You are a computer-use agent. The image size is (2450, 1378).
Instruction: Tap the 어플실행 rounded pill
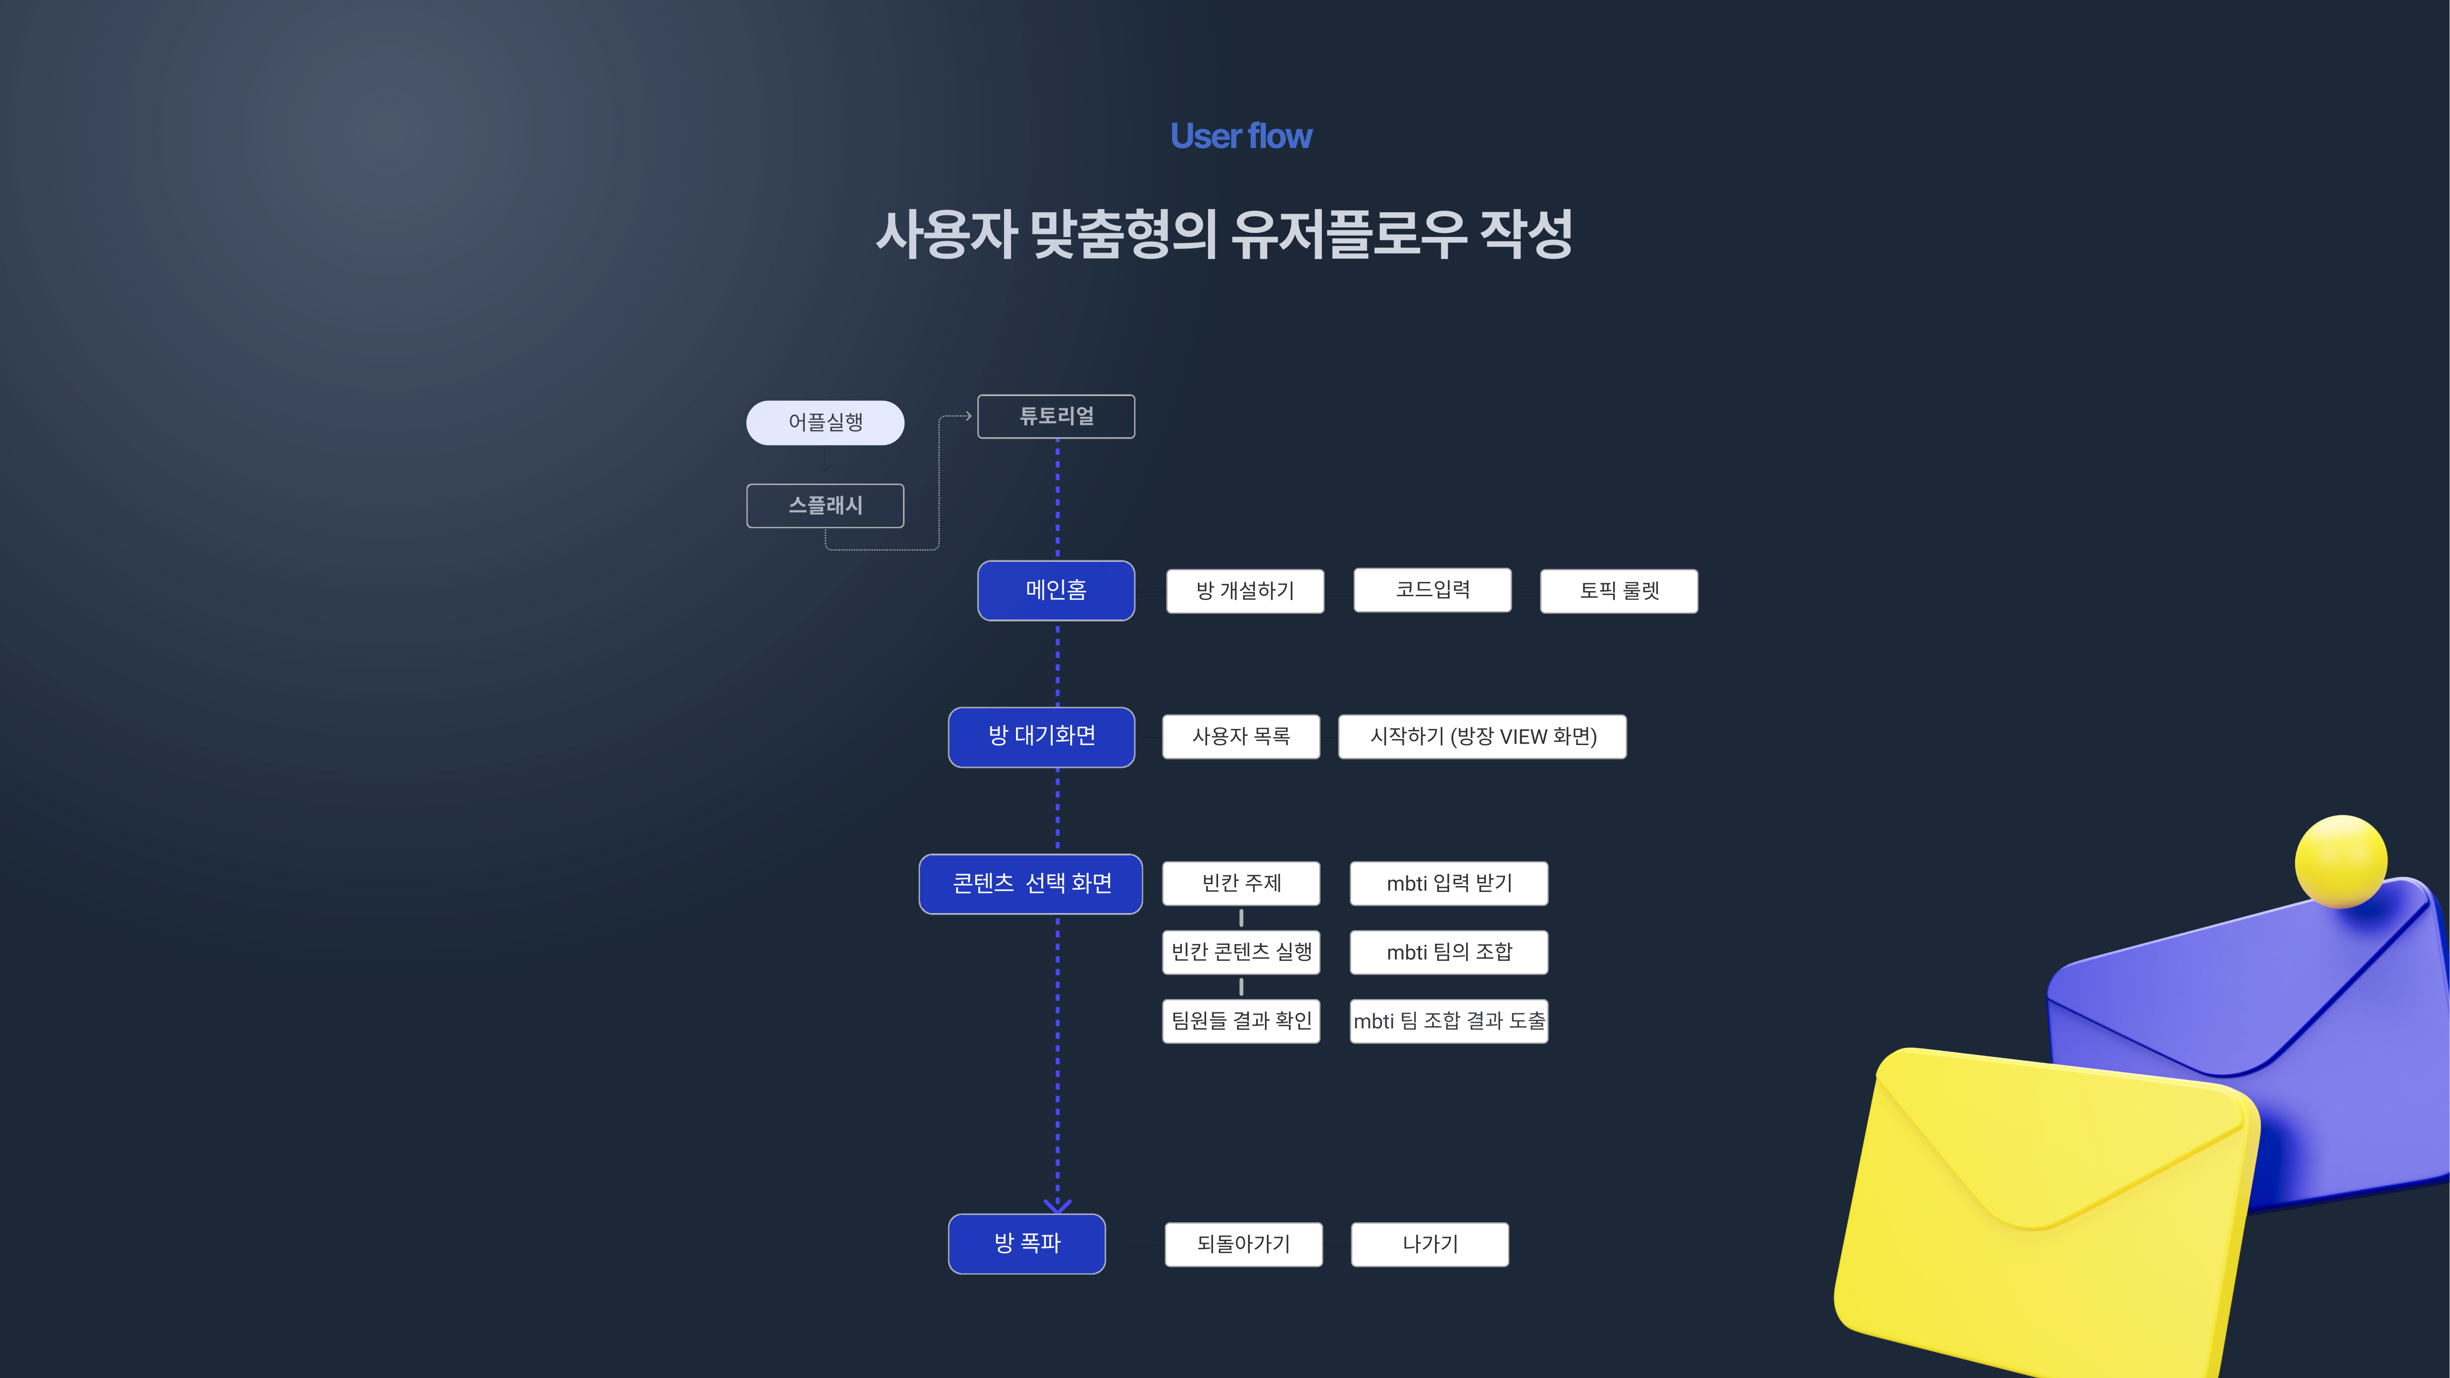[824, 422]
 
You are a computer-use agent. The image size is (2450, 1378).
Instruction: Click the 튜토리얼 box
[1056, 417]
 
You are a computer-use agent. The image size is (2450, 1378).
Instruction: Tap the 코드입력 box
[1432, 590]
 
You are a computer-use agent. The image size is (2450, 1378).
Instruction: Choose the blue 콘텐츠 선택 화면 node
[1031, 883]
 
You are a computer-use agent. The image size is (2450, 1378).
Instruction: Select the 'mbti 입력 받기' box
[1449, 883]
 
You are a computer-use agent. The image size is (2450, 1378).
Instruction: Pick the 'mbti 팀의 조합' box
[1449, 952]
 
